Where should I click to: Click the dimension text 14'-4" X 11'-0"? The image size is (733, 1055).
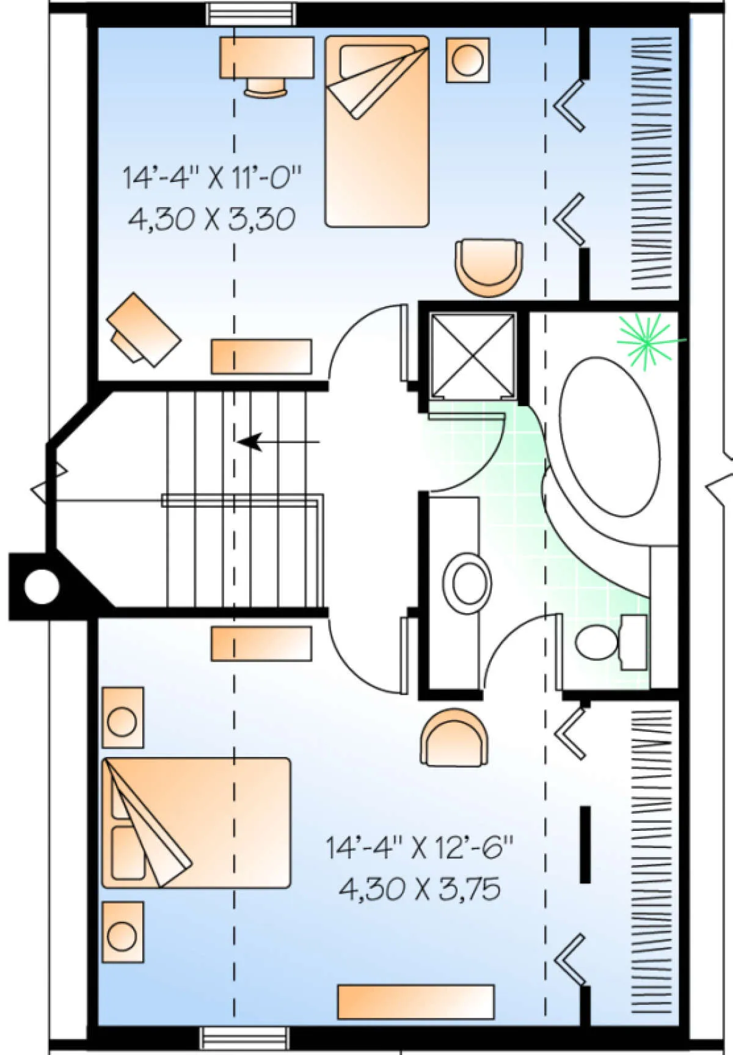point(212,177)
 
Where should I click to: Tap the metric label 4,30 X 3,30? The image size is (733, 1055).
point(212,219)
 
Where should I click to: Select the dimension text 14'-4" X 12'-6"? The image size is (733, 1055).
point(419,847)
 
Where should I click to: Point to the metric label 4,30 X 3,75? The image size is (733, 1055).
point(420,889)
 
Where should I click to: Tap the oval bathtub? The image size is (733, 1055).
point(610,437)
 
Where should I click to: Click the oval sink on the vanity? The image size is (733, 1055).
point(468,583)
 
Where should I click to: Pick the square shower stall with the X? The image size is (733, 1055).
point(472,356)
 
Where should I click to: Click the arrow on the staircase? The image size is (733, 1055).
point(278,441)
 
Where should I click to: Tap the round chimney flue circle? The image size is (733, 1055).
point(42,587)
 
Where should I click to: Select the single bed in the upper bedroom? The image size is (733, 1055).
point(377,131)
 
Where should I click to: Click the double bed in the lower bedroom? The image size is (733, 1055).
point(196,822)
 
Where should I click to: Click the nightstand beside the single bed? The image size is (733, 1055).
point(468,60)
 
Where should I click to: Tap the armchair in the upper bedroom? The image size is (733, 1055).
point(489,267)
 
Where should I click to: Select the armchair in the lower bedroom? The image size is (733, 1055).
point(454,737)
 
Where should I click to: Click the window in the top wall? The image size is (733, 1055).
point(251,14)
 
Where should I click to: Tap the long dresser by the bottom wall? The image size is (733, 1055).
point(416,1002)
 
